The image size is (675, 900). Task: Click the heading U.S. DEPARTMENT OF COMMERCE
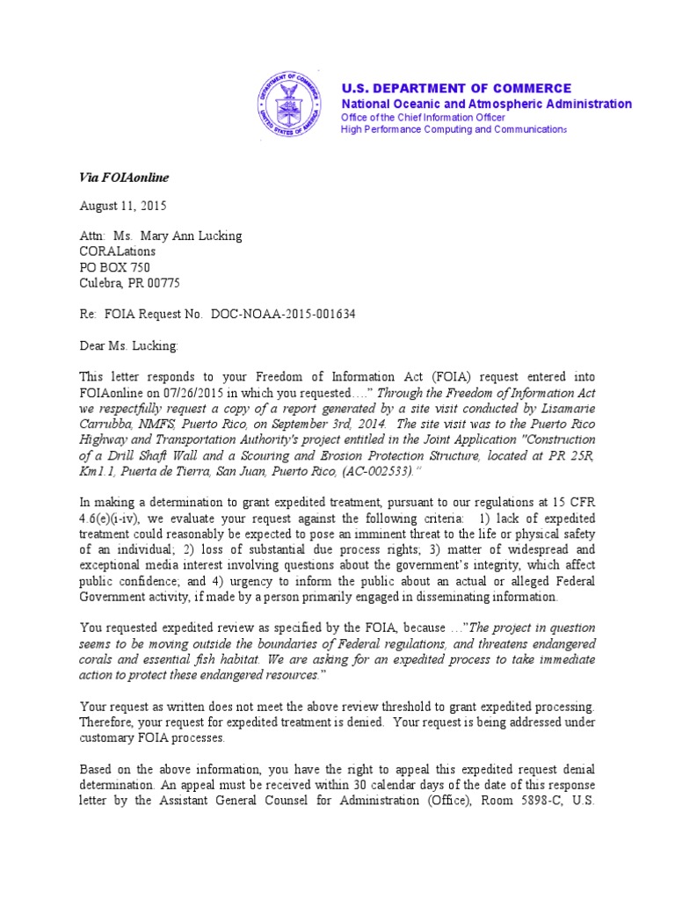[456, 89]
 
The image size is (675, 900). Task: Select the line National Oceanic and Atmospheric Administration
[486, 104]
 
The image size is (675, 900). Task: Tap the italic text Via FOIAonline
[124, 178]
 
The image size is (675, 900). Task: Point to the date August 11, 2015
[123, 207]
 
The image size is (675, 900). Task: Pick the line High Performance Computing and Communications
[454, 130]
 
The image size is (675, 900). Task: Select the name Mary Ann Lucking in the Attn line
[192, 236]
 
